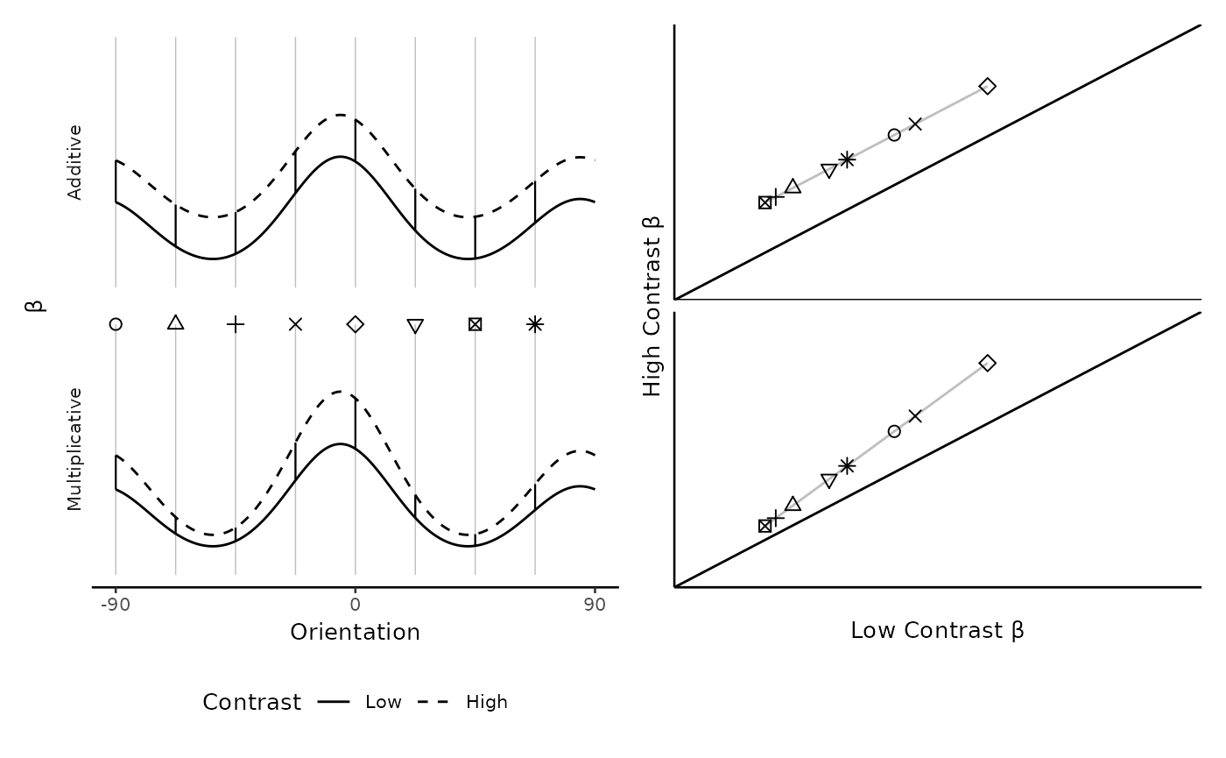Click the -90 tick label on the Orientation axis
tap(115, 605)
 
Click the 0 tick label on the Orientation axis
tap(355, 605)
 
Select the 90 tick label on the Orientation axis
tap(595, 605)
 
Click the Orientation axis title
tap(355, 633)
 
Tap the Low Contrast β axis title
tap(937, 631)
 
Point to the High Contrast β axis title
tap(653, 306)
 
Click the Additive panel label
tap(75, 162)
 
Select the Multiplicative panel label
tap(75, 449)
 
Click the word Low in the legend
tap(384, 702)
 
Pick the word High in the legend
tap(487, 702)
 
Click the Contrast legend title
tap(251, 703)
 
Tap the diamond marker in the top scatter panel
tap(987, 86)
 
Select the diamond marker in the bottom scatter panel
tap(987, 363)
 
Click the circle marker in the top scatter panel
tap(894, 135)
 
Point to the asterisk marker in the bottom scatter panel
tap(847, 465)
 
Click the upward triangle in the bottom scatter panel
tap(793, 504)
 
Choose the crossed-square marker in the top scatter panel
tap(765, 202)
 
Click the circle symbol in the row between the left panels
tap(116, 324)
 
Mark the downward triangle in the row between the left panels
tap(415, 326)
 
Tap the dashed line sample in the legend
tap(433, 702)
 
